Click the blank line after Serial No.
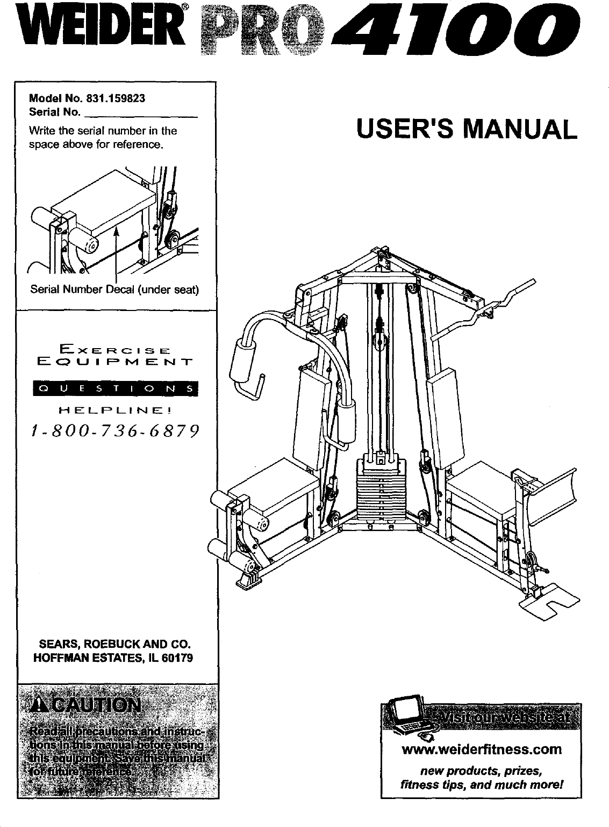[x=141, y=114]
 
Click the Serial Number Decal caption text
[x=114, y=290]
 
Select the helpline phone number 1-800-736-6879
[x=114, y=431]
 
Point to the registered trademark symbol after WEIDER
[x=184, y=7]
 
